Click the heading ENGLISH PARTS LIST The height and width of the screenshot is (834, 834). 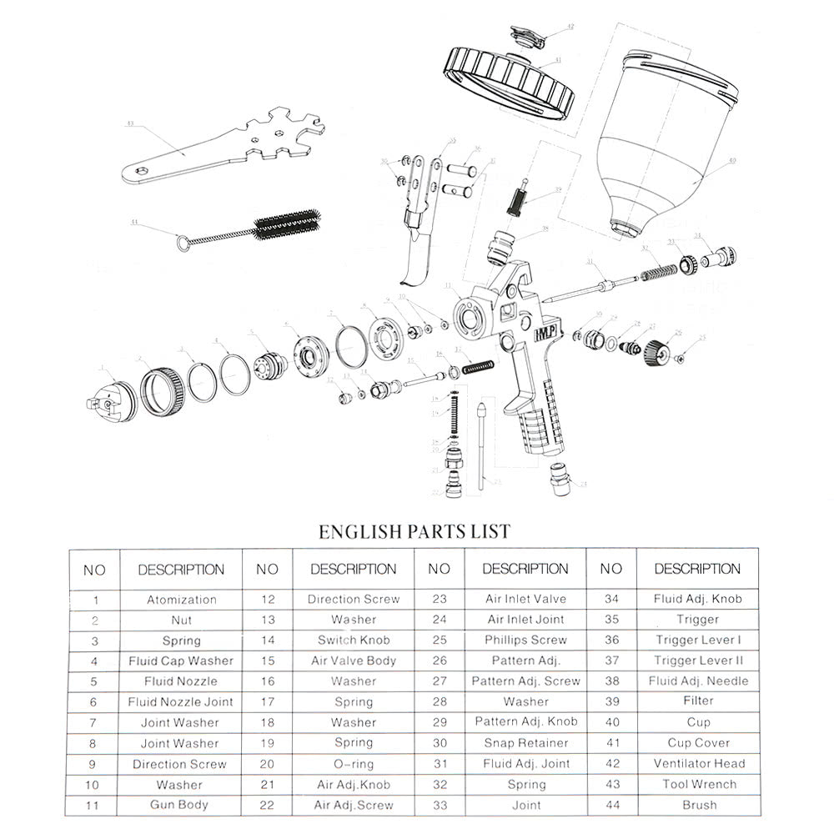(x=414, y=530)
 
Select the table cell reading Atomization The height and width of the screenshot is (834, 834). (x=181, y=600)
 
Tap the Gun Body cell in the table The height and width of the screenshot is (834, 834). (x=179, y=805)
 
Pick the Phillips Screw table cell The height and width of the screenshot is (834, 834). (x=525, y=641)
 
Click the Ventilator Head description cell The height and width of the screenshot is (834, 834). (x=699, y=763)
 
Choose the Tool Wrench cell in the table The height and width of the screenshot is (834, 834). (x=699, y=784)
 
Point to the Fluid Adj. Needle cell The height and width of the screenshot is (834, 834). (x=699, y=681)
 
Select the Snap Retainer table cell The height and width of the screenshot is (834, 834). (x=525, y=743)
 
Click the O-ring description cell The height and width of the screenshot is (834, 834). (x=353, y=764)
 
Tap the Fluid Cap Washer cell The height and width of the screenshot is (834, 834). (x=180, y=661)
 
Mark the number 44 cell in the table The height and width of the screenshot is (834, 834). (x=610, y=805)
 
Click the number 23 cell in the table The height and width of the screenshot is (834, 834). (x=439, y=600)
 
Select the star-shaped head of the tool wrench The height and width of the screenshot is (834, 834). (x=284, y=142)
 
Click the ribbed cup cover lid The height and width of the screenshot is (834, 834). (x=511, y=81)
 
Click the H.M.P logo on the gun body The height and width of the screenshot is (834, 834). (x=541, y=334)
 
